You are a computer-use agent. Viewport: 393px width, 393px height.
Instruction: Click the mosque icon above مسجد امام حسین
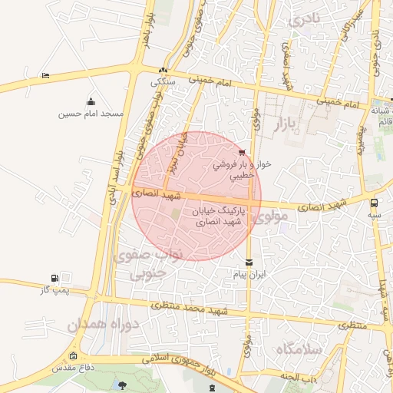91,101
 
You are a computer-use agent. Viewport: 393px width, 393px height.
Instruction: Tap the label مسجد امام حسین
91,114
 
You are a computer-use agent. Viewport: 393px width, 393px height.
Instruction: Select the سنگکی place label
163,81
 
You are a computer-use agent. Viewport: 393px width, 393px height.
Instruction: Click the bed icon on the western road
45,75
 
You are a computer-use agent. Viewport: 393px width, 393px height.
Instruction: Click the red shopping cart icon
243,152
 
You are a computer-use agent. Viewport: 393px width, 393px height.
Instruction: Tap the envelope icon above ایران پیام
248,262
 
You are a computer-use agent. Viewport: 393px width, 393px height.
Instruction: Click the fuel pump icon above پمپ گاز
54,278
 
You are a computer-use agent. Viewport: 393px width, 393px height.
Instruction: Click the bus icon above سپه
374,203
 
